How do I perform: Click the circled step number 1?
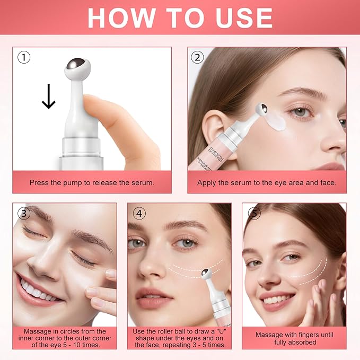click(x=23, y=57)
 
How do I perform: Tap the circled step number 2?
click(x=198, y=57)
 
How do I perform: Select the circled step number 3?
click(x=23, y=213)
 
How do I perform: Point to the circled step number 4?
click(x=139, y=213)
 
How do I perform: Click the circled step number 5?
click(x=254, y=213)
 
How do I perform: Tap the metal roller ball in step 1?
click(x=78, y=67)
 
